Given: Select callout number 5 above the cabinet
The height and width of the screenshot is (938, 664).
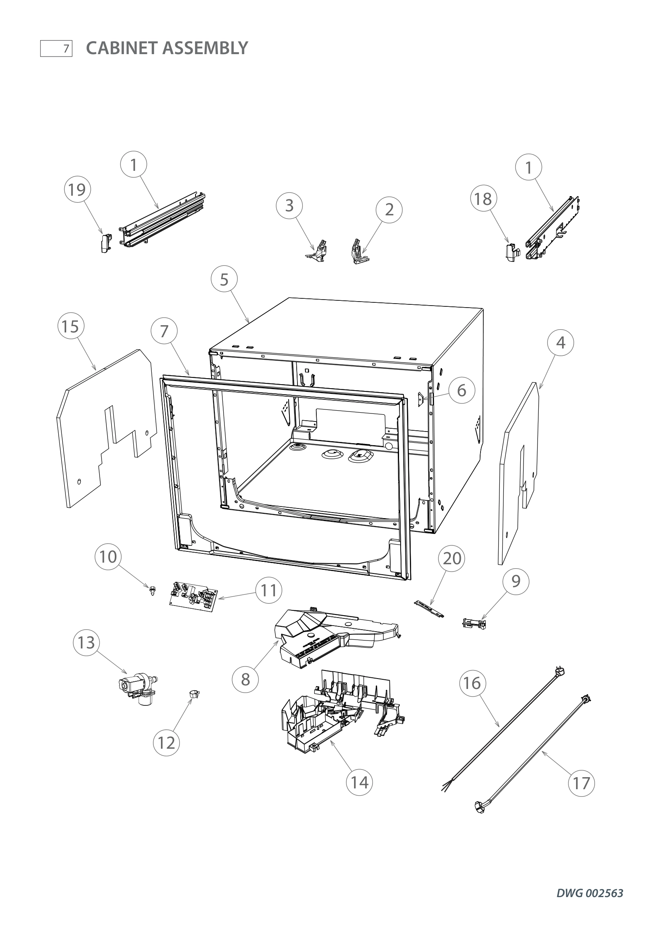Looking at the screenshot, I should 224,280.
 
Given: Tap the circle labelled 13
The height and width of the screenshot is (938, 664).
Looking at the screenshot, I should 86,642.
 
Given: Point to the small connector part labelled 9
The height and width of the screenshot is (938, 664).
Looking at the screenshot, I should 473,624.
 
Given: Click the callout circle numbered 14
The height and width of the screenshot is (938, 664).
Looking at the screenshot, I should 359,782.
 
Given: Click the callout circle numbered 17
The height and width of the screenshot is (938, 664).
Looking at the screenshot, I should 581,783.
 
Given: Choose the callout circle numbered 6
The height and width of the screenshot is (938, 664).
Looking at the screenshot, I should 462,390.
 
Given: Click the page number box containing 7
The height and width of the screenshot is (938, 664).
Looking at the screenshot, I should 57,49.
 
